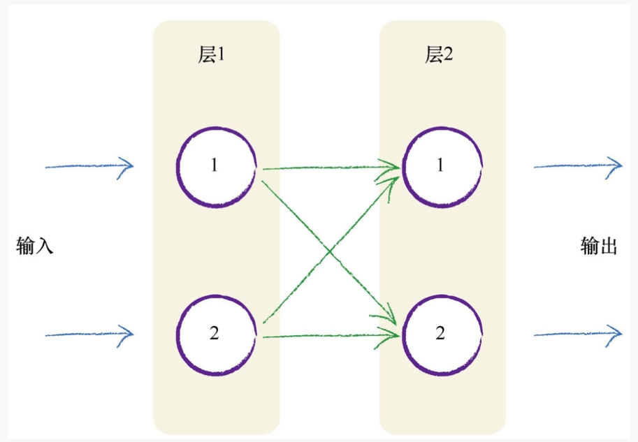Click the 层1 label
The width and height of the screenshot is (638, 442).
[x=211, y=56]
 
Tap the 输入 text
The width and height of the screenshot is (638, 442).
[x=35, y=246]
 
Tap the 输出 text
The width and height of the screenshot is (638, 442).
[x=599, y=246]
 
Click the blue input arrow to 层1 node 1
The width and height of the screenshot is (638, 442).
[x=89, y=167]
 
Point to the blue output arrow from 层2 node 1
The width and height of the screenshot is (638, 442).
[x=577, y=167]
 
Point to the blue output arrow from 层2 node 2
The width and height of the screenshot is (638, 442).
[x=577, y=334]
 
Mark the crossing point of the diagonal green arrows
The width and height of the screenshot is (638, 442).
[x=328, y=249]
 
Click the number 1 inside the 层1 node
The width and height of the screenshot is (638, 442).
[x=214, y=165]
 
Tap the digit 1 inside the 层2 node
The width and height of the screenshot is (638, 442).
[x=440, y=165]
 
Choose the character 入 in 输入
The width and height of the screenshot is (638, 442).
[x=45, y=246]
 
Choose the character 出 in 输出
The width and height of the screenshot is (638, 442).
[x=609, y=246]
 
